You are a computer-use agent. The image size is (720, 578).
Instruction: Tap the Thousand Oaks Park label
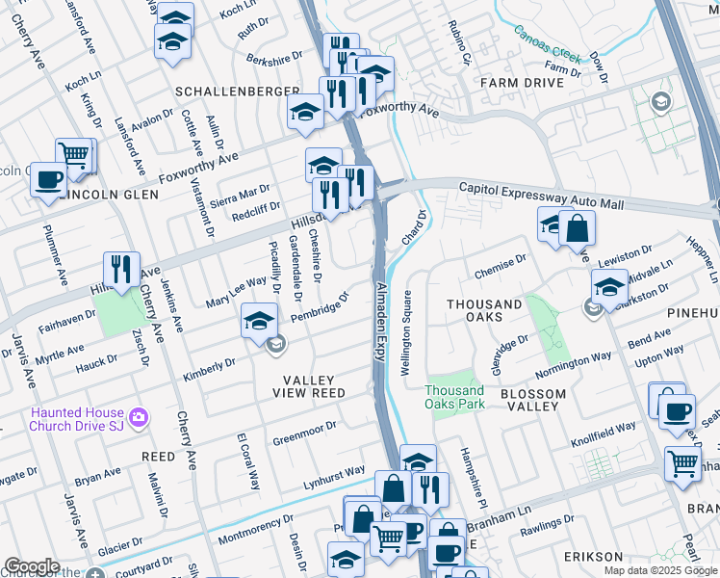click(455, 397)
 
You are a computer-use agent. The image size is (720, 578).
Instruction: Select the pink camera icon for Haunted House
click(140, 417)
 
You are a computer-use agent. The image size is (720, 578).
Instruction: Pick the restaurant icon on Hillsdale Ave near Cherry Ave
click(121, 269)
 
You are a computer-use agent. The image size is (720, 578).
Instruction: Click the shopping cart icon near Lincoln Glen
click(75, 154)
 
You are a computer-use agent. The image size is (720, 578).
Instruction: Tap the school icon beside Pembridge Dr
click(259, 320)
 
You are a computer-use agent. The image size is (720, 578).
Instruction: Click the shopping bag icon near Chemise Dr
click(578, 228)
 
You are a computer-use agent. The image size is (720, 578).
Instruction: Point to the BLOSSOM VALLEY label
click(532, 400)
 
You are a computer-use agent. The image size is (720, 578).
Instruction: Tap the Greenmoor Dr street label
click(304, 433)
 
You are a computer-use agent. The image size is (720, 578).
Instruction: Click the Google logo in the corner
click(32, 566)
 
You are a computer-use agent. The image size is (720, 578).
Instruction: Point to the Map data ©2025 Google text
click(659, 570)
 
